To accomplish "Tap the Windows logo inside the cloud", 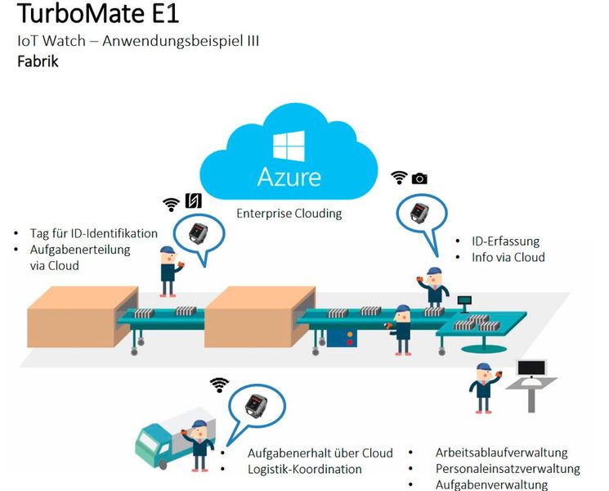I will pyautogui.click(x=289, y=147).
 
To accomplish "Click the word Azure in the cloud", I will pyautogui.click(x=289, y=176).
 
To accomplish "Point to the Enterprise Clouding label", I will pyautogui.click(x=289, y=214).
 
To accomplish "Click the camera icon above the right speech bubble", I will pyautogui.click(x=419, y=178).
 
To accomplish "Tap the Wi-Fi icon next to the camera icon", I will pyautogui.click(x=399, y=178).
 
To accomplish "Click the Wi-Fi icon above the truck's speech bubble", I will pyautogui.click(x=218, y=384).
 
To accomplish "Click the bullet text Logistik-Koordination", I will pyautogui.click(x=304, y=469).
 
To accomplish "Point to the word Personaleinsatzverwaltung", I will pyautogui.click(x=508, y=469).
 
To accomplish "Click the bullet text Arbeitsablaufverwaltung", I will pyautogui.click(x=501, y=453).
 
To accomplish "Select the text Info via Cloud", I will pyautogui.click(x=508, y=258).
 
